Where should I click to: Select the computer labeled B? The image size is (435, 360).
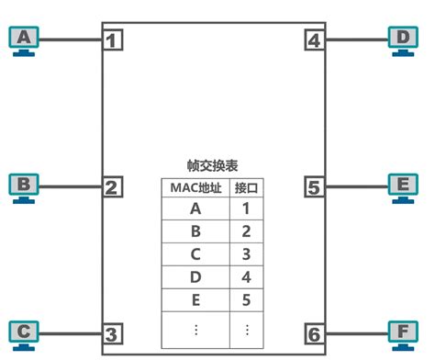pyautogui.click(x=25, y=186)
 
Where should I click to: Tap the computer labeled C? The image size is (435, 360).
pyautogui.click(x=25, y=332)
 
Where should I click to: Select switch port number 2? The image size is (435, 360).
pyautogui.click(x=112, y=187)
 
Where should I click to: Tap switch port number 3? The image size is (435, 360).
pyautogui.click(x=112, y=333)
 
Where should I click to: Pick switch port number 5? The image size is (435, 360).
pyautogui.click(x=315, y=187)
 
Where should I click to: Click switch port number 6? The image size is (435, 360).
pyautogui.click(x=315, y=333)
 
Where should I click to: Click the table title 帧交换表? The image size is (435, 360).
pyautogui.click(x=213, y=166)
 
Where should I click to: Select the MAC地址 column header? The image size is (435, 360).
pyautogui.click(x=195, y=187)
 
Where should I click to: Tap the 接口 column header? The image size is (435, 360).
pyautogui.click(x=247, y=187)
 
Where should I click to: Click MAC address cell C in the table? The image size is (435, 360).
pyautogui.click(x=195, y=253)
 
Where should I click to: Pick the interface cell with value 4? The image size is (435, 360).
pyautogui.click(x=247, y=276)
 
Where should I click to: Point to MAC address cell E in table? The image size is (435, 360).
pyautogui.click(x=195, y=299)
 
